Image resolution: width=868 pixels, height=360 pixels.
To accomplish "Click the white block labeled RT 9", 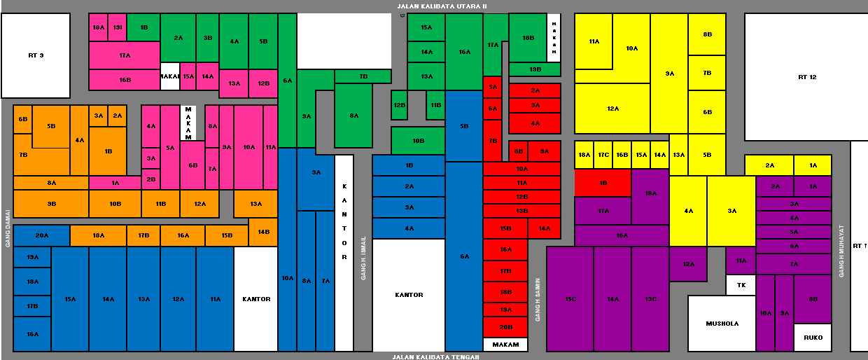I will click(36, 55).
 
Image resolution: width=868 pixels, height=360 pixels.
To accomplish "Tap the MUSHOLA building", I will click(722, 324).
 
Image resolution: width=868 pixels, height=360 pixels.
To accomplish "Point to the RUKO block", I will click(813, 338).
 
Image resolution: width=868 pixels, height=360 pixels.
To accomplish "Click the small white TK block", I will click(741, 285).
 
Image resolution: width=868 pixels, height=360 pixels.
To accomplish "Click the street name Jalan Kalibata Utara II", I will click(441, 6).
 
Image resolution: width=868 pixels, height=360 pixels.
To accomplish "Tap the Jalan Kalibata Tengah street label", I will click(435, 356).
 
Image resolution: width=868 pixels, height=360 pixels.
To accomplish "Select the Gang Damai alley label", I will click(7, 228).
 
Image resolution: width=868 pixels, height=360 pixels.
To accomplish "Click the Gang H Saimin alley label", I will click(538, 298).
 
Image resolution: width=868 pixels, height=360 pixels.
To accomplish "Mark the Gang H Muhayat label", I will click(841, 251).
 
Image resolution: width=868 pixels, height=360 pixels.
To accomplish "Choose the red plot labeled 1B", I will click(603, 183).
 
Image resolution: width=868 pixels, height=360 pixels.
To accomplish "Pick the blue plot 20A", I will click(41, 235).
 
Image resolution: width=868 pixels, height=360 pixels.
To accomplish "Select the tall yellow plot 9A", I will click(669, 74).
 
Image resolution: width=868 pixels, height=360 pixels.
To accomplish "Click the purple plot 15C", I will click(570, 299).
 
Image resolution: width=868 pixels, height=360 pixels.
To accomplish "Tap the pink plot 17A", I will click(125, 55).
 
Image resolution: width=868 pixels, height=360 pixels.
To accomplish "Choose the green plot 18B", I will click(528, 38).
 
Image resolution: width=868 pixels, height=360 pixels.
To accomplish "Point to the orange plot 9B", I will click(51, 204).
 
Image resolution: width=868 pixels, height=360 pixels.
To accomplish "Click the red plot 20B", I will click(505, 327).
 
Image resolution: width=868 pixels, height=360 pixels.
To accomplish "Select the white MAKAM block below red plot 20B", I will click(505, 345).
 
